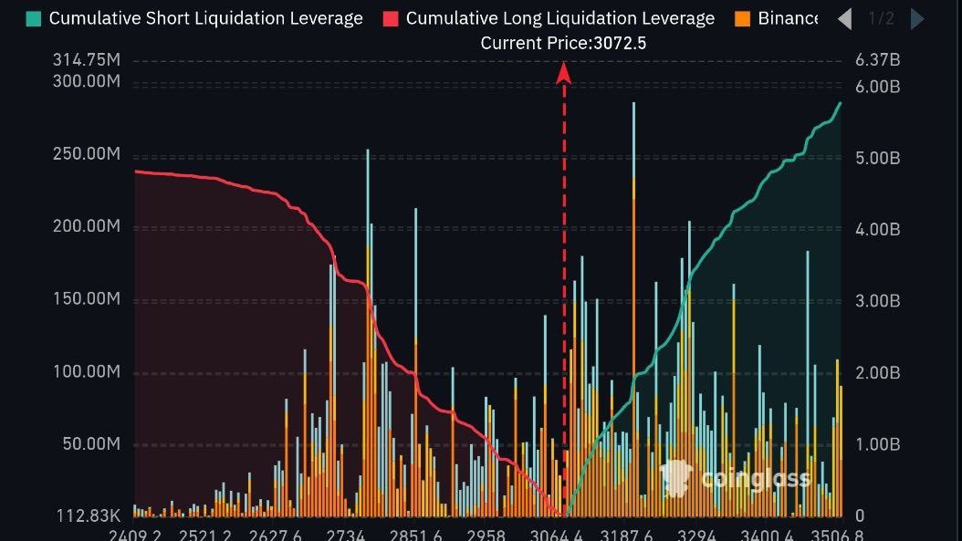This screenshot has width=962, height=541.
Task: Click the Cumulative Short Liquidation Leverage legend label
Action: pos(205,18)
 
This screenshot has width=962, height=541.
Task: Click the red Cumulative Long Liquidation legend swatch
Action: pos(392,18)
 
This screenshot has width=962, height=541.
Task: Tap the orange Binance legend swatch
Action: pos(743,18)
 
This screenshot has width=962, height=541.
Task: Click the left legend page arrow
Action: pos(844,18)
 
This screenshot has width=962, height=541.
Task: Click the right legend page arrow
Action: pos(917,18)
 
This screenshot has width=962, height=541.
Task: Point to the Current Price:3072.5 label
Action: pos(563,43)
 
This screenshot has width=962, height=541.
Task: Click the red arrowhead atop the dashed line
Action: pos(564,73)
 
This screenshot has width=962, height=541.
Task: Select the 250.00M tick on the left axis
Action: pos(87,154)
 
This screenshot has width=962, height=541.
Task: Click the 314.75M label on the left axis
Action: pos(87,60)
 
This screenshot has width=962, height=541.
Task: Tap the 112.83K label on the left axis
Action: pos(89,516)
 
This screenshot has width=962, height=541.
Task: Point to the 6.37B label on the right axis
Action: pos(877,60)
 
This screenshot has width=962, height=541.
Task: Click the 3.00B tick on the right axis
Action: pos(877,301)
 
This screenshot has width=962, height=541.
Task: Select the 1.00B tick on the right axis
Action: pos(877,444)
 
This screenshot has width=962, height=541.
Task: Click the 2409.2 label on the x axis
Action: pos(135,535)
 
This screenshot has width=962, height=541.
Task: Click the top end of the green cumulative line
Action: pos(840,103)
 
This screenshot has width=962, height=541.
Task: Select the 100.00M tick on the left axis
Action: pos(87,372)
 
